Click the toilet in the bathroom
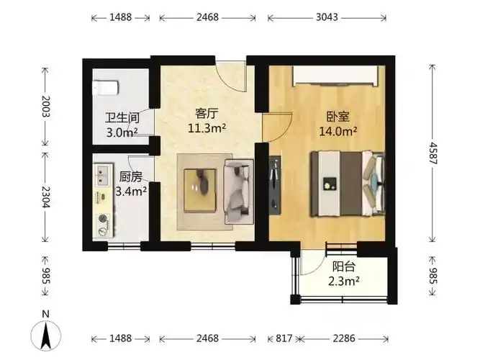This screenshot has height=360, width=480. (x=105, y=88)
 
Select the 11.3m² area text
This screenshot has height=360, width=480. (x=207, y=128)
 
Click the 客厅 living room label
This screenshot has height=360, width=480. (x=207, y=114)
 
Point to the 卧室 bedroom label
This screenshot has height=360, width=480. (x=338, y=117)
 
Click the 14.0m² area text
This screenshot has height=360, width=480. (x=338, y=132)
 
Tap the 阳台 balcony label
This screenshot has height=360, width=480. (x=344, y=266)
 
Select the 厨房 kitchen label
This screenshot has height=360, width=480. (x=131, y=177)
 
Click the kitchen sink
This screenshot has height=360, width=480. (x=102, y=176)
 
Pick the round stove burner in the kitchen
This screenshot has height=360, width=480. (x=103, y=218)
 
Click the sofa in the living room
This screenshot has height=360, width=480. (x=239, y=192)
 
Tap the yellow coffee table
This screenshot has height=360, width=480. (x=200, y=190)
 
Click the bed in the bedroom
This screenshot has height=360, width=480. (x=348, y=184)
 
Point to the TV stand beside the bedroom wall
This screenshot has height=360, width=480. (x=275, y=185)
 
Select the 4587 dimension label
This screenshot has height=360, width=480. (x=433, y=153)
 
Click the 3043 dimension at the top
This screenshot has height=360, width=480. (x=327, y=17)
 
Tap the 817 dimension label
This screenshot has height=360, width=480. (x=284, y=338)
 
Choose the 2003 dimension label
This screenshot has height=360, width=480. (x=45, y=107)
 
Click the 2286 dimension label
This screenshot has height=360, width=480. (x=344, y=338)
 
